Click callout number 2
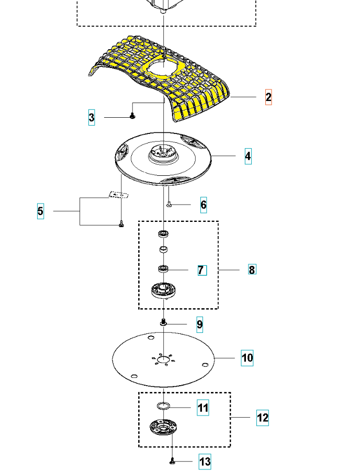[268, 97]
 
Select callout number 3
[92, 118]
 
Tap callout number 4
[248, 156]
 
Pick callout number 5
[40, 212]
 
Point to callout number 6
[204, 205]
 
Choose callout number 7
[201, 270]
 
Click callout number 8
[252, 270]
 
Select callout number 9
[199, 325]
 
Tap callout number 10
[247, 358]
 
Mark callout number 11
[203, 408]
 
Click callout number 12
[263, 418]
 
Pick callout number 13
[205, 462]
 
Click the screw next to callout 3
[132, 116]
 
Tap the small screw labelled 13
[172, 461]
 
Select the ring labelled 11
[163, 406]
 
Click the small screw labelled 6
[170, 205]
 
